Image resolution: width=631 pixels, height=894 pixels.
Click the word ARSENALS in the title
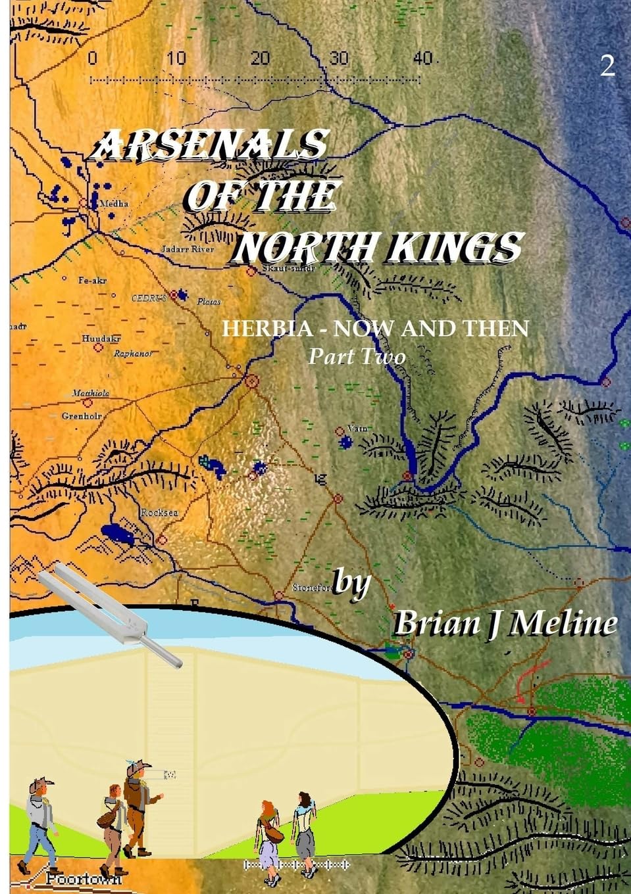point(209,144)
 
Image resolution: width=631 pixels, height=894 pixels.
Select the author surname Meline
point(563,623)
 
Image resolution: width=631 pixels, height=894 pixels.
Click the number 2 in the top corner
point(607,66)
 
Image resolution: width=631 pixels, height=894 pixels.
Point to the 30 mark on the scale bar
point(338,59)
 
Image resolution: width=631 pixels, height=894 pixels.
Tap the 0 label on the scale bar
point(92,59)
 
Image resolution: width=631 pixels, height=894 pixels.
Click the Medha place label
point(114,204)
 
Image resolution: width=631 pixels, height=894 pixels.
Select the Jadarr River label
point(188,250)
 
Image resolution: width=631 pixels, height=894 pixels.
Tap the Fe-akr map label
point(92,280)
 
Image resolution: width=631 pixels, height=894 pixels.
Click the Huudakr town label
point(101,339)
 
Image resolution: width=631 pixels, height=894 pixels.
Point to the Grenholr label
point(82,416)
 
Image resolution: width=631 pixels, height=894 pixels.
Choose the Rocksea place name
point(159,513)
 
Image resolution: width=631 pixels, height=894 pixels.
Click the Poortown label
point(84,879)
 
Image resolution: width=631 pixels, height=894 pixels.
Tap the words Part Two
point(357,356)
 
